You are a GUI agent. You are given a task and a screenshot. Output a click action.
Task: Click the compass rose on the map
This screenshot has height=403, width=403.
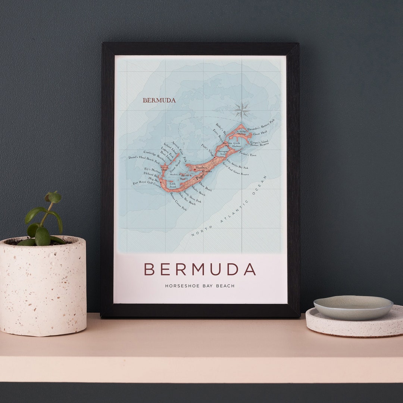pos(242,110)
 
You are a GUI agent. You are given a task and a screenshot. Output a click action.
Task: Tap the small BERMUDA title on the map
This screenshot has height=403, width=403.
pos(159,100)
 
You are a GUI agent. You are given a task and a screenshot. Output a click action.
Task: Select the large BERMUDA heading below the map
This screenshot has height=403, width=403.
pos(200,269)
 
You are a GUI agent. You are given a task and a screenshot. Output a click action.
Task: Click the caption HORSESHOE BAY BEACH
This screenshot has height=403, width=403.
pos(200,286)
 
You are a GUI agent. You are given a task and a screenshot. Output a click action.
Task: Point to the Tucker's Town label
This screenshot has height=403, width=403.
pos(247,154)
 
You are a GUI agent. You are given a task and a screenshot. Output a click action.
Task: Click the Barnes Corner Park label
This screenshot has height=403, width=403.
pos(178,201)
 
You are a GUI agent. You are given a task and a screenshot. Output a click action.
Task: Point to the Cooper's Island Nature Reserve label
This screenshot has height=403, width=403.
pos(259,144)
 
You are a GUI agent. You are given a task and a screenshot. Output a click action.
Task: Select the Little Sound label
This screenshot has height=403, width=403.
pos(172,185)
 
